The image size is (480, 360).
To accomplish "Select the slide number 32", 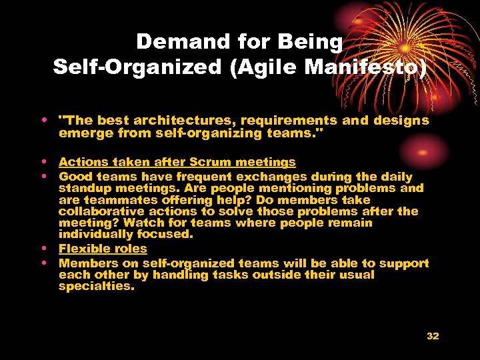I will point(433,336).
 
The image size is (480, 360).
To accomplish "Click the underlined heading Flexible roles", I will point(103,249).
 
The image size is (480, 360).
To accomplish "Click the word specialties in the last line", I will point(96,286).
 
